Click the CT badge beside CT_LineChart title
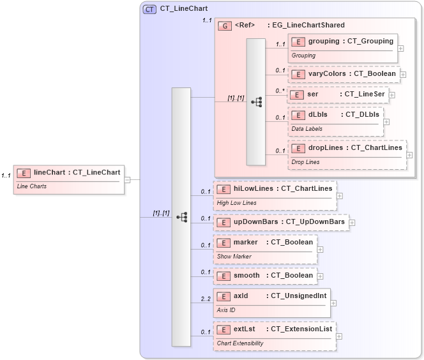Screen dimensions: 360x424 click(150, 9)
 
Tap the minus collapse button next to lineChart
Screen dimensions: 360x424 click(128, 179)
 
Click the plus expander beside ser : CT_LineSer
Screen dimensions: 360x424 click(392, 95)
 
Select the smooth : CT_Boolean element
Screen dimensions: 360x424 click(265, 276)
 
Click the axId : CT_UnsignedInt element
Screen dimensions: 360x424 click(271, 302)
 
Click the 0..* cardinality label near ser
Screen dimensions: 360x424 click(280, 91)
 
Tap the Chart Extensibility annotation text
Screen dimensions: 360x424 click(240, 343)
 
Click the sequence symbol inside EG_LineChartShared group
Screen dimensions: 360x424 click(257, 101)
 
